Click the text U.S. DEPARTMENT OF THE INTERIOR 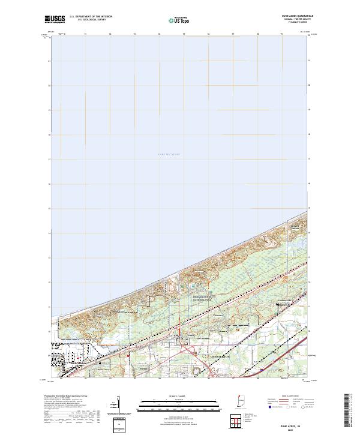point(91,17)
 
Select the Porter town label point(143,370)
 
